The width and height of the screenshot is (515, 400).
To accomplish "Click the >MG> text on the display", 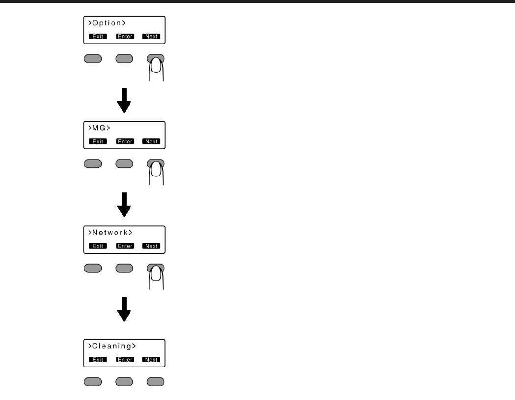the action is tap(97, 128).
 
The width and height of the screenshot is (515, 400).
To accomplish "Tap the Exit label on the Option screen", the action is tap(98, 36).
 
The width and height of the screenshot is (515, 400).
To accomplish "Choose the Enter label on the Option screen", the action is tap(124, 36).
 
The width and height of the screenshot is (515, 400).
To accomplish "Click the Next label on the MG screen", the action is tap(151, 141).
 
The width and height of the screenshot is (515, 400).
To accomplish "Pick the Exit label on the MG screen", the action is tap(98, 141).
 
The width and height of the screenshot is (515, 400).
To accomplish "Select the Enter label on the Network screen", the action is tap(124, 246).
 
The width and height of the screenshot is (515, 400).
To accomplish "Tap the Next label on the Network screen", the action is tap(151, 246).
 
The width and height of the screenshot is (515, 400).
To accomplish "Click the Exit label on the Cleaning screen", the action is tap(98, 360).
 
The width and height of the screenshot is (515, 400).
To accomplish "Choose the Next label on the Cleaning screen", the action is tap(151, 360).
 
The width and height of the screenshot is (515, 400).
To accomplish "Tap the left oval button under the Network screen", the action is tap(93, 268).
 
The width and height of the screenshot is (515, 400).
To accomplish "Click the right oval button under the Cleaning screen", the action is tap(156, 381).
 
